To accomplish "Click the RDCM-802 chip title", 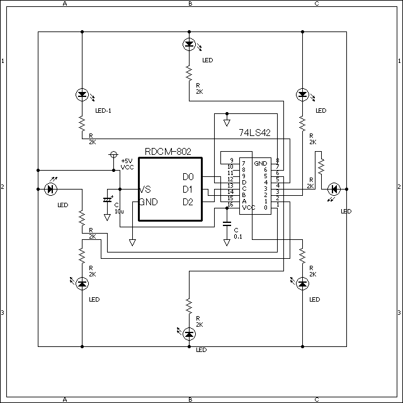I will click(167, 151).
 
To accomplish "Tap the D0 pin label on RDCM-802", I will click(187, 177).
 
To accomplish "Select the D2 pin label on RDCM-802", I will click(187, 201).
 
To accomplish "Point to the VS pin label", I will click(145, 190).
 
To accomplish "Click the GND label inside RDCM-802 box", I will click(149, 202).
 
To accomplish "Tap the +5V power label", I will click(126, 161).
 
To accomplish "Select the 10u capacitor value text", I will click(119, 212).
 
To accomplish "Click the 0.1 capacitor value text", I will click(238, 237).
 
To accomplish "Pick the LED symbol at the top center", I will click(189, 44).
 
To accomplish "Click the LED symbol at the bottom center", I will click(189, 334).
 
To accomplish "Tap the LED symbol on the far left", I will click(50, 189).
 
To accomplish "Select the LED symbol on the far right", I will click(334, 189).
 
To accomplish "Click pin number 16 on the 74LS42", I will click(231, 204).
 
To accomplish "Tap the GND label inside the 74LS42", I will click(260, 163).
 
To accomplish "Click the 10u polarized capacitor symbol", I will click(107, 200).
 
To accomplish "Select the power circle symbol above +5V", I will click(113, 154).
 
